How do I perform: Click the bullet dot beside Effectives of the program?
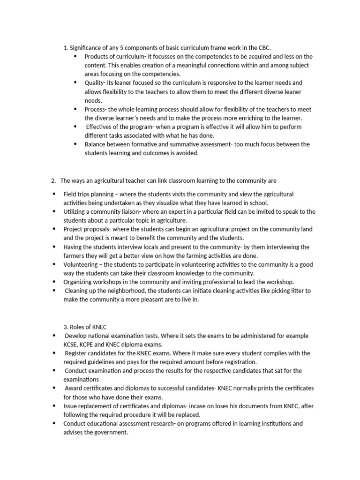(75, 127)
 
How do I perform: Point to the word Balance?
(96, 144)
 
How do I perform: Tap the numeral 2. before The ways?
(53, 180)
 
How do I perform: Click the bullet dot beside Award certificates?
(54, 388)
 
